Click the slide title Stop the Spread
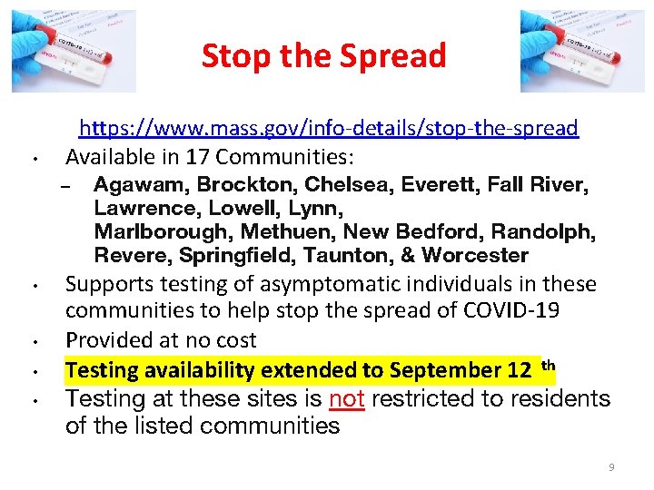323,56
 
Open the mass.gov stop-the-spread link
328,128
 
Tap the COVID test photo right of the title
581,51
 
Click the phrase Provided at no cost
161,340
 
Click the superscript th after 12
548,365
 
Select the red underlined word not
346,398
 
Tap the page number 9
611,467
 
